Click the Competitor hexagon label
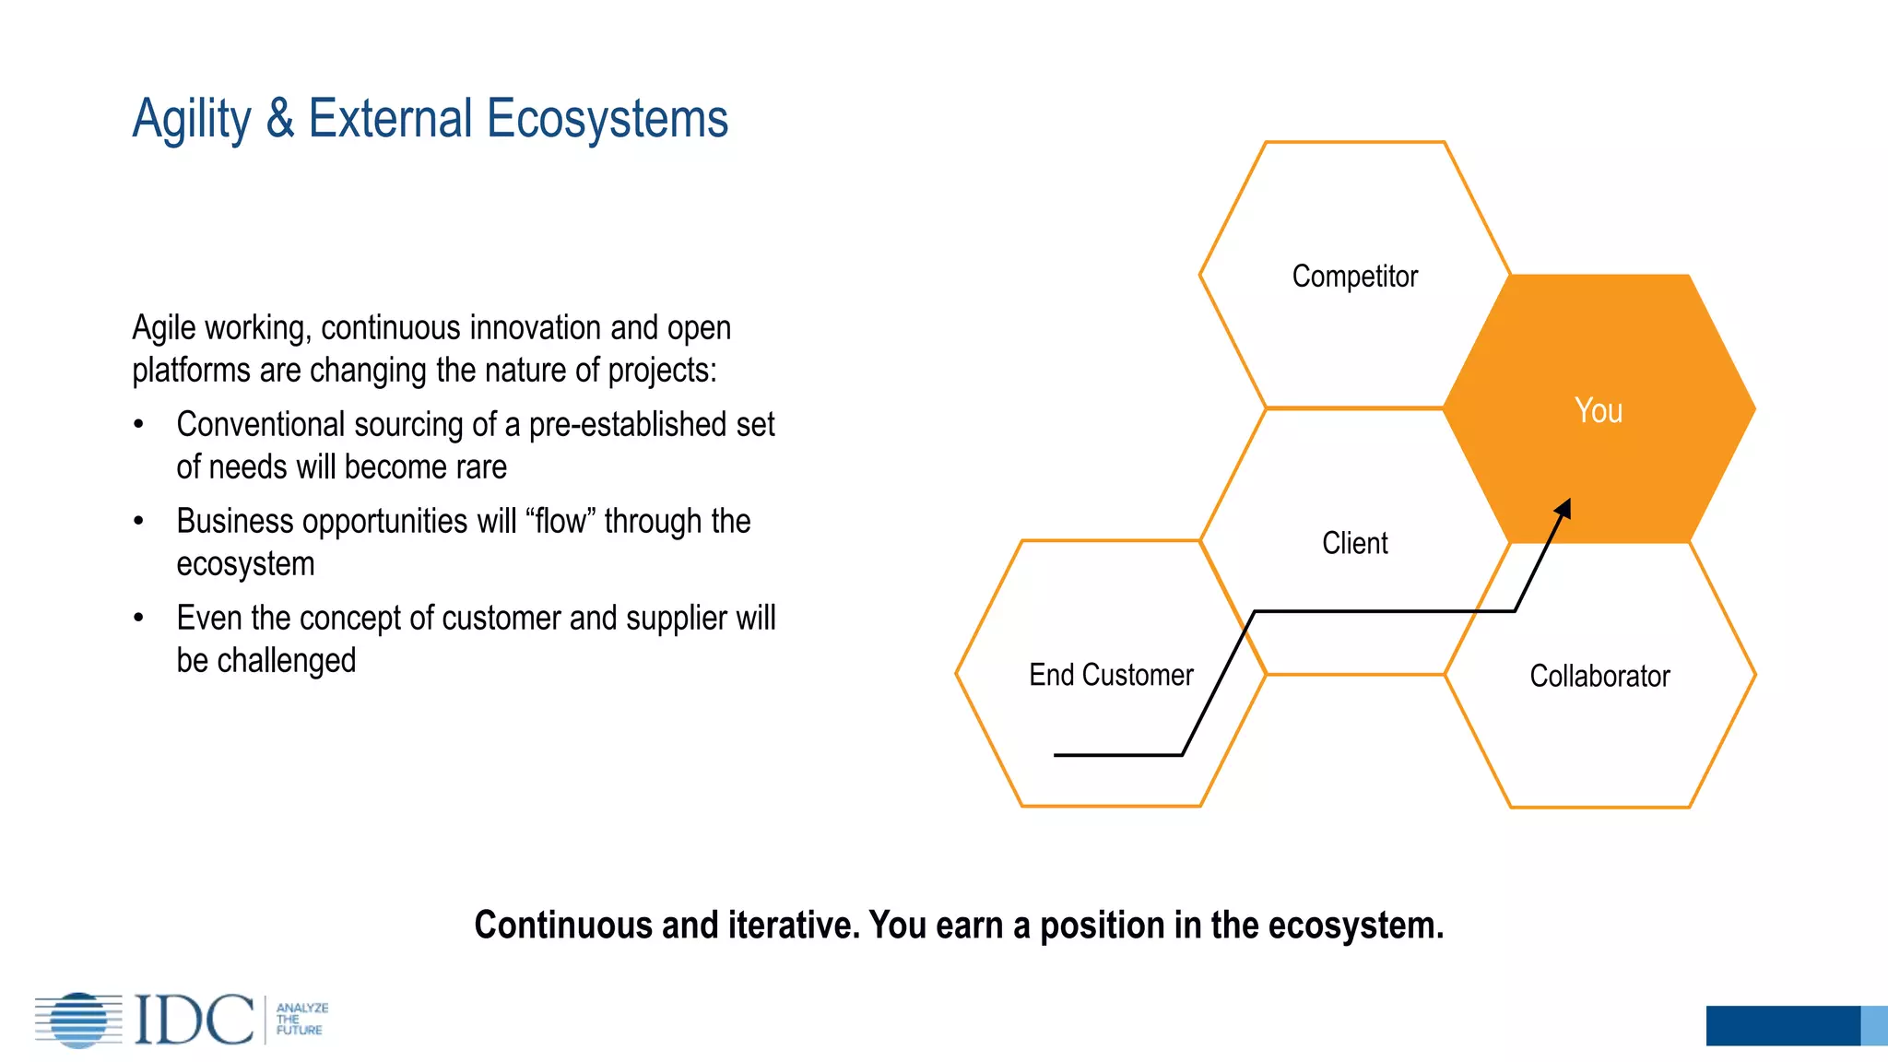pyautogui.click(x=1354, y=277)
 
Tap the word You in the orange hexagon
pyautogui.click(x=1598, y=411)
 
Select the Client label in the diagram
pyautogui.click(x=1354, y=543)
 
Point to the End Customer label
pyautogui.click(x=1111, y=675)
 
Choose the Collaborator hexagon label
pyautogui.click(x=1599, y=676)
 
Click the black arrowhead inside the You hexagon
pyautogui.click(x=1563, y=510)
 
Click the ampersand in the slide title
pyautogui.click(x=280, y=119)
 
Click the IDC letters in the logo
pyautogui.click(x=194, y=1020)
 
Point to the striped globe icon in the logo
pyautogui.click(x=79, y=1020)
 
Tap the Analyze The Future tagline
pyautogui.click(x=301, y=1020)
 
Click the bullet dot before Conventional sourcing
pyautogui.click(x=138, y=425)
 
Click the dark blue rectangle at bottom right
pyautogui.click(x=1782, y=1025)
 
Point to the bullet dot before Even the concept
pyautogui.click(x=138, y=619)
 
